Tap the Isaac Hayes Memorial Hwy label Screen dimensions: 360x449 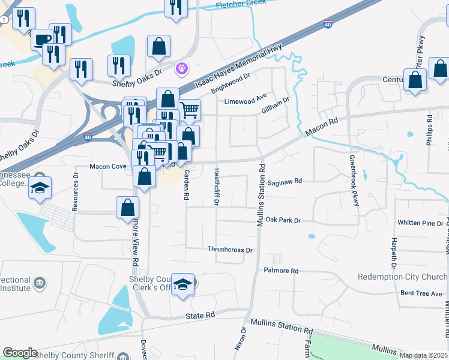tap(244, 63)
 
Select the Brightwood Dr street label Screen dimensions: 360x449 tap(230, 85)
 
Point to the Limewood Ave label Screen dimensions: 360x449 tap(245, 101)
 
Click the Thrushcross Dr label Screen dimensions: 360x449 tap(231, 249)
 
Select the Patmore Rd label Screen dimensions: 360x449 tap(281, 271)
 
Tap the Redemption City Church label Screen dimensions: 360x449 tap(402, 277)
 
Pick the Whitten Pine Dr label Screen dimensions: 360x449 tap(420, 223)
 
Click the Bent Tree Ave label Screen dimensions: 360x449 tap(423, 293)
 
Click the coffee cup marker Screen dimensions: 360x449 tap(41, 40)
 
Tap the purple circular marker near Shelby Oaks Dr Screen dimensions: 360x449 tap(182, 70)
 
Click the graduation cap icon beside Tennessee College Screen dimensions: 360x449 tap(40, 187)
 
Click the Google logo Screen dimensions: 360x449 tap(20, 353)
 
